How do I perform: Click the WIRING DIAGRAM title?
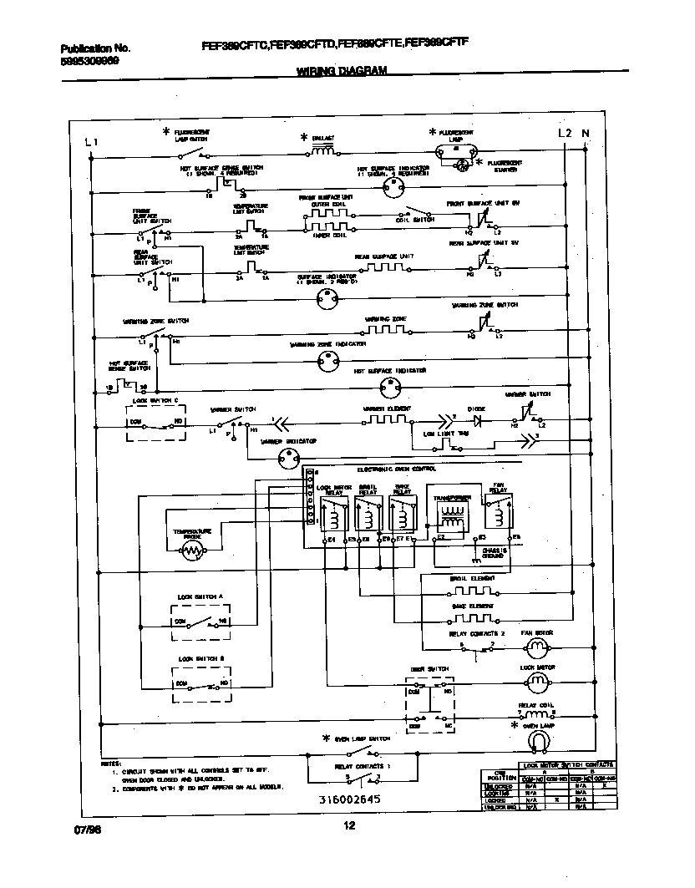(342, 72)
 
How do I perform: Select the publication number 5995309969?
(90, 62)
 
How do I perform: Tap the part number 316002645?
(348, 799)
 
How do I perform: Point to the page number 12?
(349, 827)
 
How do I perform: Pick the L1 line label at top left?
(92, 143)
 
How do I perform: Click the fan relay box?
(499, 510)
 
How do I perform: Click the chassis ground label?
(488, 551)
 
